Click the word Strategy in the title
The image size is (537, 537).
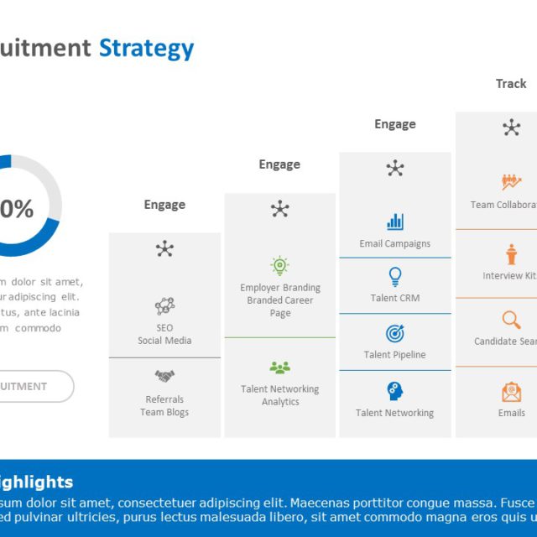(x=146, y=48)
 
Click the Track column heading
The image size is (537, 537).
(x=511, y=83)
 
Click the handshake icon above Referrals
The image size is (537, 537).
(x=164, y=376)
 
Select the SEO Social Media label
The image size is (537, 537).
(x=164, y=334)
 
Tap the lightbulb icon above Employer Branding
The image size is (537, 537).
(x=280, y=266)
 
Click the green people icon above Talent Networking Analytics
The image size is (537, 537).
(x=280, y=368)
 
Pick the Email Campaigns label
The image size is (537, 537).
(x=395, y=243)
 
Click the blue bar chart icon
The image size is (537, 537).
(x=395, y=222)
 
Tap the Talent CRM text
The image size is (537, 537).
(x=395, y=298)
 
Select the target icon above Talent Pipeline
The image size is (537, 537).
(x=395, y=333)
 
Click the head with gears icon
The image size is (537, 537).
(x=395, y=390)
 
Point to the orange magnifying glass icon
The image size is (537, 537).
(x=511, y=320)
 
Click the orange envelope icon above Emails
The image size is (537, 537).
(x=511, y=392)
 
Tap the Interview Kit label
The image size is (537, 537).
(x=510, y=276)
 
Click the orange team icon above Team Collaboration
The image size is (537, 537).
(x=511, y=181)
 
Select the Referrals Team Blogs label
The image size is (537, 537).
(x=164, y=405)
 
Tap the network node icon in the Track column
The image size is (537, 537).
(x=511, y=128)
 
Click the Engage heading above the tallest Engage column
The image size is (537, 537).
(x=395, y=124)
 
